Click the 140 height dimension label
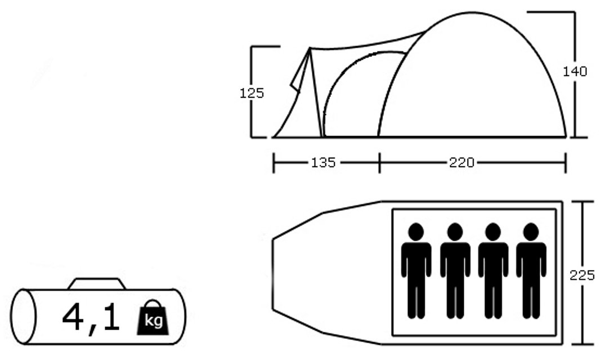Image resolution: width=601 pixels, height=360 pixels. click(x=575, y=71)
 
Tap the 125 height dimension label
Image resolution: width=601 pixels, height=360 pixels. click(x=252, y=93)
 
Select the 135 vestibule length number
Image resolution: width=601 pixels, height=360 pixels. click(x=323, y=163)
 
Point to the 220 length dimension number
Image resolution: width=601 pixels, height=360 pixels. click(x=461, y=163)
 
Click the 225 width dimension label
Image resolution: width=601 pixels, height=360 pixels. click(x=582, y=276)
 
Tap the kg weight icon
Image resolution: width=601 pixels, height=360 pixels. click(x=153, y=317)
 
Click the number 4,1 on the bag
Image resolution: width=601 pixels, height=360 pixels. click(x=91, y=317)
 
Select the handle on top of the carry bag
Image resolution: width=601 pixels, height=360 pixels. click(x=97, y=284)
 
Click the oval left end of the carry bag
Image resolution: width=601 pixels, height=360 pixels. click(x=23, y=316)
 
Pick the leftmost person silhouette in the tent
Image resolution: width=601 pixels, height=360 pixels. click(x=416, y=271)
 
